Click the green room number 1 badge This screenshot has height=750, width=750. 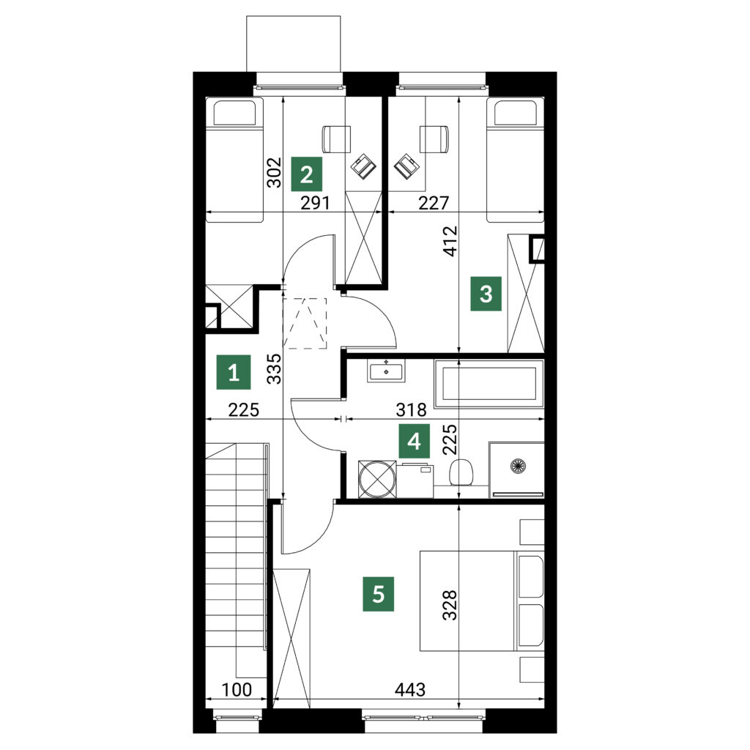coord(234,371)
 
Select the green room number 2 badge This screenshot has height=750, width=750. coord(307,174)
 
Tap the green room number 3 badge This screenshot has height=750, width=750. coord(486,294)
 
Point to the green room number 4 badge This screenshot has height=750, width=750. coord(415,441)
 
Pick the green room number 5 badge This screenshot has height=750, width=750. coord(378,595)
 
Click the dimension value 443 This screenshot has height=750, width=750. coord(410,689)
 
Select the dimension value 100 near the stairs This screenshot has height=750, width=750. coord(237,689)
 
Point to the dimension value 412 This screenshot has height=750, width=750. coord(450,241)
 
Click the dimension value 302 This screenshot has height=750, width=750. coord(274,172)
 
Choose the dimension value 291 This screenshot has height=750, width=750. coord(315,203)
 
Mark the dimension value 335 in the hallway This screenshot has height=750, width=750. coord(274,369)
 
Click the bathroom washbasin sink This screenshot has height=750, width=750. coord(386,371)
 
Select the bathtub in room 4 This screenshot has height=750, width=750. coord(489,384)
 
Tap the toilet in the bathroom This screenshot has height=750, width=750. coord(461,472)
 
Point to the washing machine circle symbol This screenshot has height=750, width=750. coord(377,479)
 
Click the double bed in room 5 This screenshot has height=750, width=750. coord(482,601)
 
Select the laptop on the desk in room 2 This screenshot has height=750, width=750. coord(364,167)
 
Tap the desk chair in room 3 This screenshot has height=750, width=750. coord(434,138)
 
